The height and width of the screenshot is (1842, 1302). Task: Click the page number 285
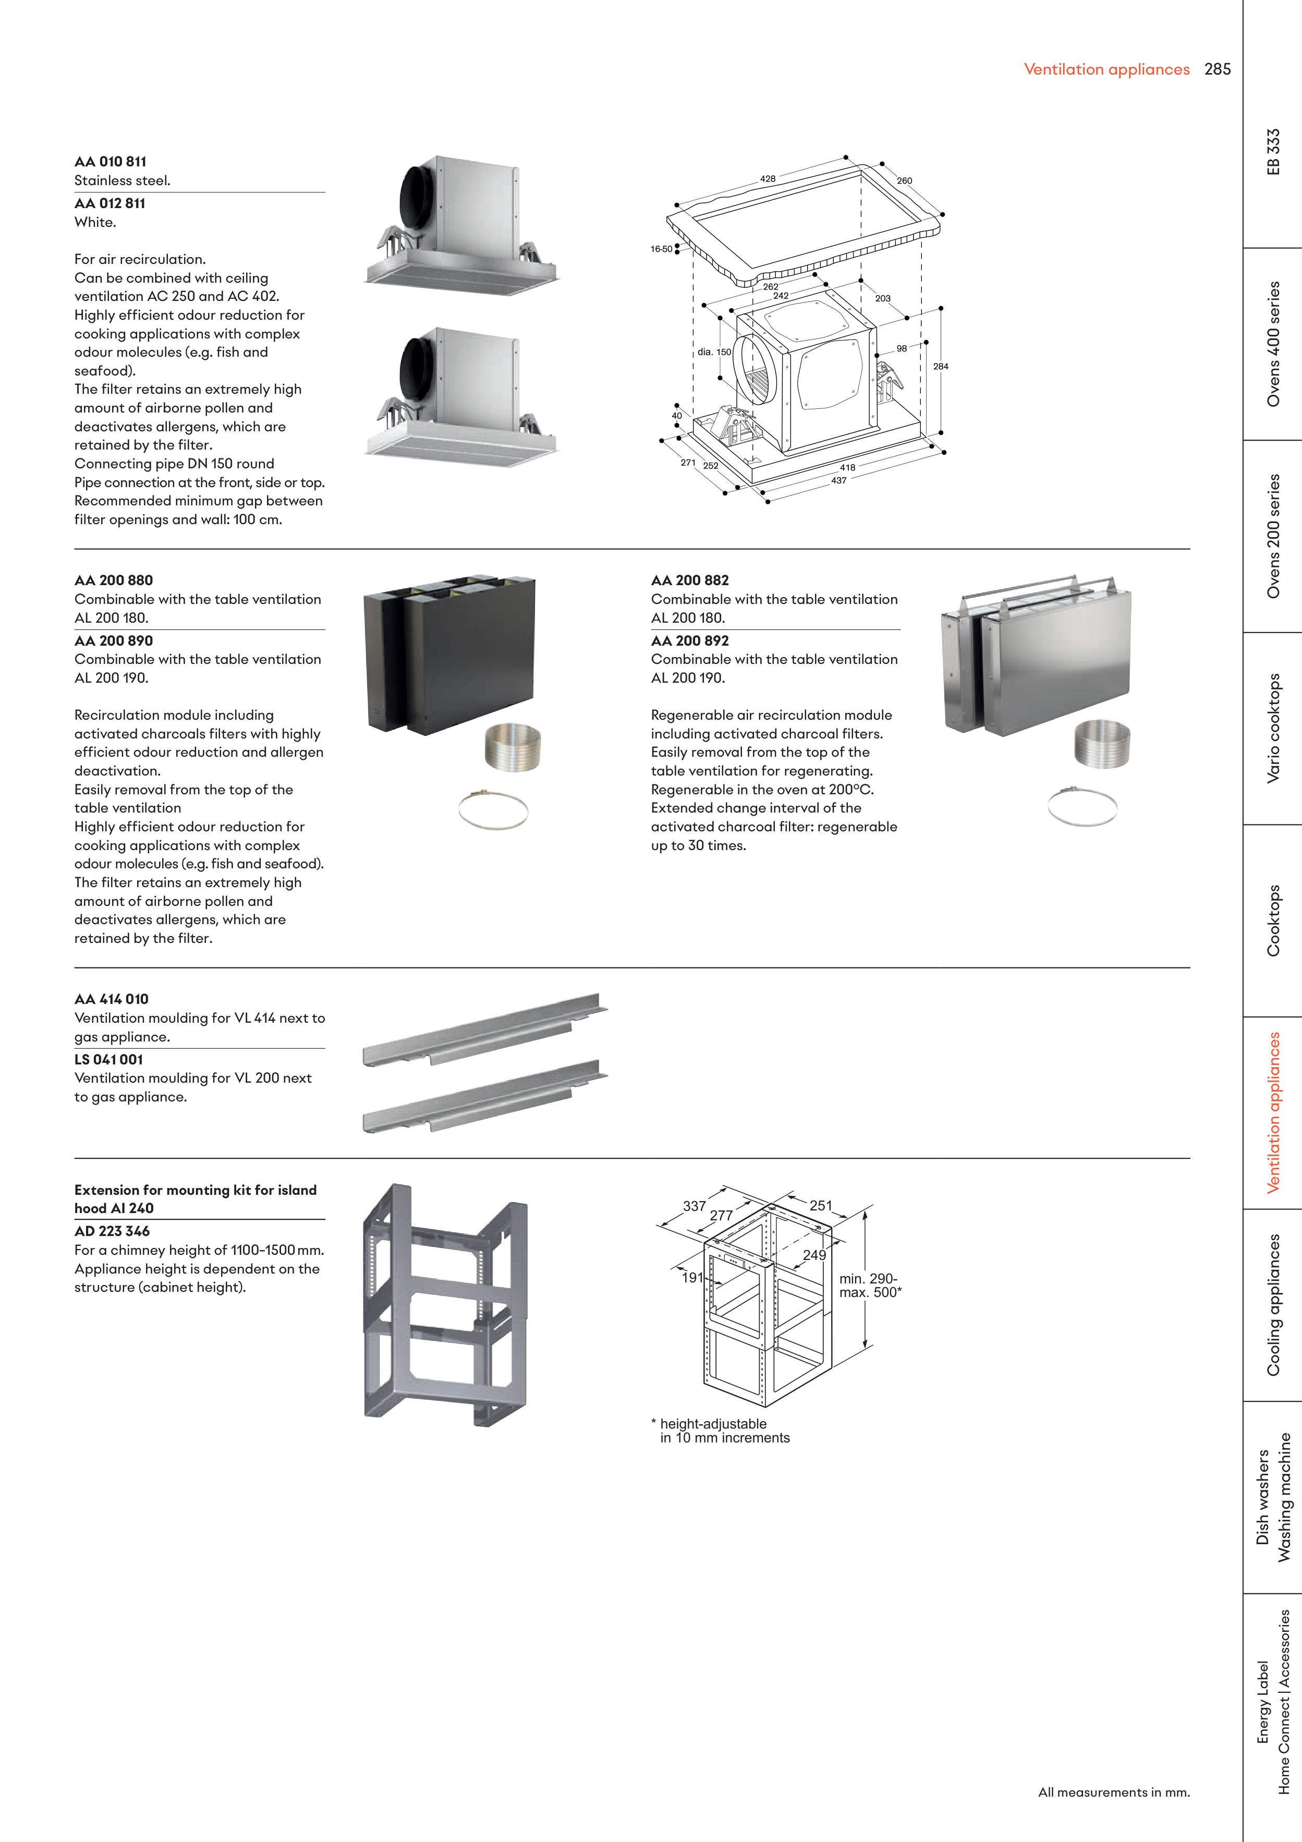[1217, 69]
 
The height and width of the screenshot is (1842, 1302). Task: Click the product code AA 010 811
[110, 161]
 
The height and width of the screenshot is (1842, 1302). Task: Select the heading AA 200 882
[690, 580]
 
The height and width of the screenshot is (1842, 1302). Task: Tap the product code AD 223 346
[112, 1231]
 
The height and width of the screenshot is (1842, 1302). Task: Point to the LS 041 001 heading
[108, 1059]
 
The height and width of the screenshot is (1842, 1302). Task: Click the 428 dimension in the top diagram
[768, 179]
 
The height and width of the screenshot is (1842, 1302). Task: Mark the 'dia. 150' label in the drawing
[714, 352]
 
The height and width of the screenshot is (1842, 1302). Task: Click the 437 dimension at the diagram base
[838, 480]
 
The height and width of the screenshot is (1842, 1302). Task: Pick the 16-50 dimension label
[661, 249]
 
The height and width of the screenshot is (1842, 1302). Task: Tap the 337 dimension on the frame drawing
[694, 1206]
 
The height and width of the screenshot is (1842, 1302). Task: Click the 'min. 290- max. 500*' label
[870, 1285]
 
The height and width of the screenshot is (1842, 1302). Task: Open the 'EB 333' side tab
[1273, 152]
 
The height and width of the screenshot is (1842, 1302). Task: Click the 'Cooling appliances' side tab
[1273, 1304]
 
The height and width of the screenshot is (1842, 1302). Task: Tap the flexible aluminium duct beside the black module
[513, 746]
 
